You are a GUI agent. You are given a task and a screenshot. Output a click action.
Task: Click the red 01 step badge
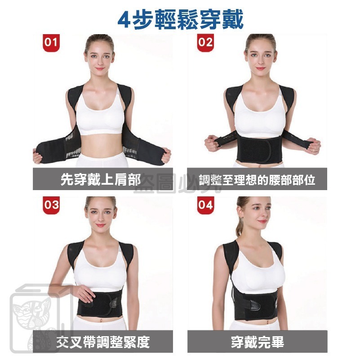(x=51, y=43)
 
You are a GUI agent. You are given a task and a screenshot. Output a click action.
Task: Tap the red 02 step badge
(x=205, y=43)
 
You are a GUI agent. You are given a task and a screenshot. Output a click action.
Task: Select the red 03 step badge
(x=51, y=206)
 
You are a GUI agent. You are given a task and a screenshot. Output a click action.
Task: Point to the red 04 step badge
(x=205, y=206)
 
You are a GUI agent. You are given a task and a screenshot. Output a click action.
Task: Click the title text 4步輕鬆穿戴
(x=180, y=19)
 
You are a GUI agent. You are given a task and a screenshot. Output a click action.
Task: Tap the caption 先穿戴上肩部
(x=100, y=180)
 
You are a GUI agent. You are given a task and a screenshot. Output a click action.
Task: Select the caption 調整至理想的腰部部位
(x=257, y=180)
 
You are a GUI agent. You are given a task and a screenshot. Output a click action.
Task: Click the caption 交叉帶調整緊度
(x=103, y=342)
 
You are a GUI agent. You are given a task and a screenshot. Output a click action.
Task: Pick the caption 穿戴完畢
(x=257, y=342)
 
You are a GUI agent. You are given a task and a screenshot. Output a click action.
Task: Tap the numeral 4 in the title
(x=124, y=19)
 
